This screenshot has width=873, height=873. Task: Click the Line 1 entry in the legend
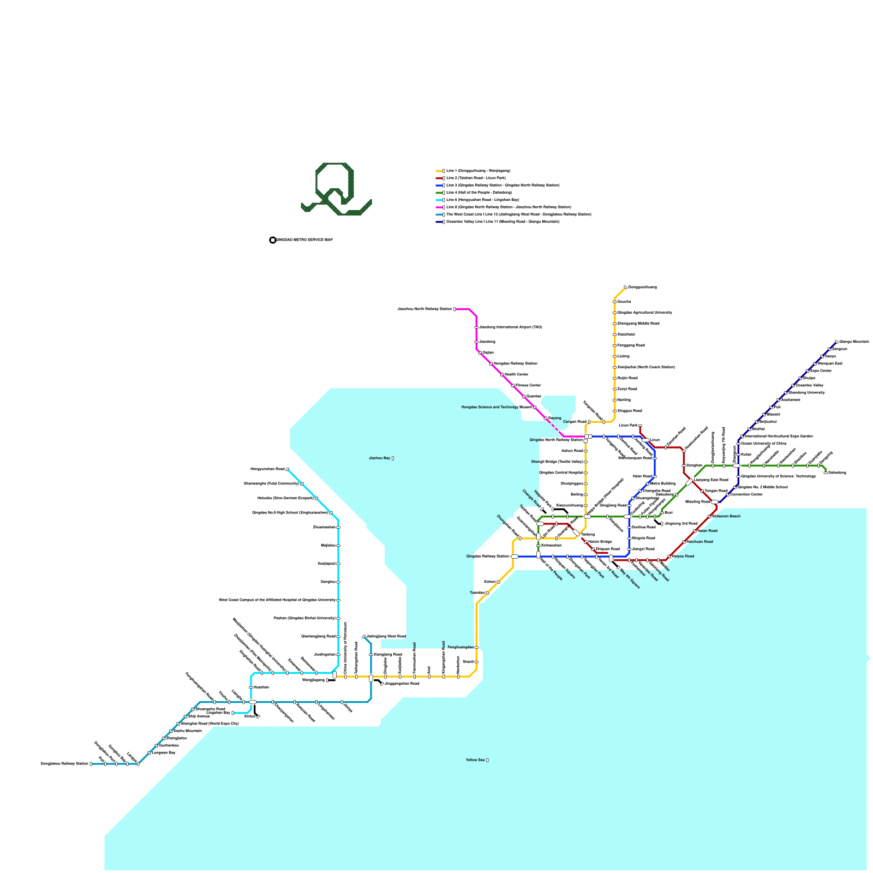(x=477, y=171)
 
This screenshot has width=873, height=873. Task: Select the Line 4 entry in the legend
(x=479, y=193)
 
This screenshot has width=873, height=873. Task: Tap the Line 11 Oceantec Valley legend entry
(x=502, y=222)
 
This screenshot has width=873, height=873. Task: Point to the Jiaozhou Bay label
(x=381, y=458)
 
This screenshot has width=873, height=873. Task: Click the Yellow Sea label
(x=477, y=760)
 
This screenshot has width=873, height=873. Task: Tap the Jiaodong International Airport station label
(x=510, y=327)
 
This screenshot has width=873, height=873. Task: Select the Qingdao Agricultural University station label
(x=644, y=313)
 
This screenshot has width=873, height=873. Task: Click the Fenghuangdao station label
(x=461, y=647)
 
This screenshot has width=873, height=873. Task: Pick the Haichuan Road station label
(x=699, y=542)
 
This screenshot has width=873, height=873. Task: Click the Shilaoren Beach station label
(x=727, y=516)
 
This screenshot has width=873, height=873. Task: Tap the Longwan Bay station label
(x=163, y=752)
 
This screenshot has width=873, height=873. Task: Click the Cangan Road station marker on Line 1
(x=589, y=422)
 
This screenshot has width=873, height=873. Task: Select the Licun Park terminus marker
(x=640, y=426)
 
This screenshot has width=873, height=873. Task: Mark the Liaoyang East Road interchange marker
(x=689, y=482)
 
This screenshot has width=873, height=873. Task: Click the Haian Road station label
(x=707, y=530)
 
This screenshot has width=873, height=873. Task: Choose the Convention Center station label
(x=746, y=494)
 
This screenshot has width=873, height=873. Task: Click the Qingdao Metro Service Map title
(x=304, y=240)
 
